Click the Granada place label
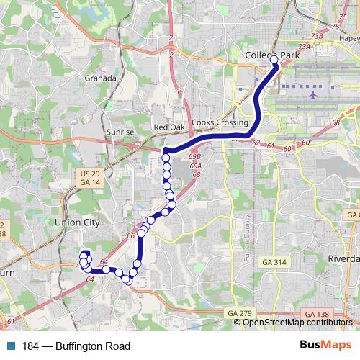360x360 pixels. click(100, 78)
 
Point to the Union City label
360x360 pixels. click(77, 223)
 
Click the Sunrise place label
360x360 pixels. click(120, 133)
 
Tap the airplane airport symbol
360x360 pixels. click(313, 94)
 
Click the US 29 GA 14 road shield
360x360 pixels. click(90, 178)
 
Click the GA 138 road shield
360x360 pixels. click(317, 315)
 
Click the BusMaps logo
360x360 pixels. click(331, 346)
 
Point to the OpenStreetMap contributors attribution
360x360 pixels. click(297, 323)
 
